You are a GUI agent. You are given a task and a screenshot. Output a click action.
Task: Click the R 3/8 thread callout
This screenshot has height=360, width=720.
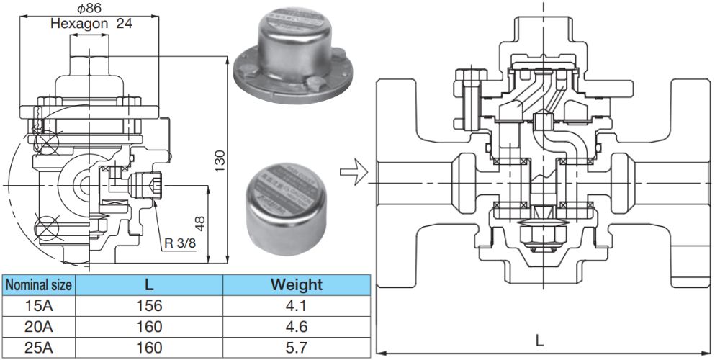click(x=180, y=243)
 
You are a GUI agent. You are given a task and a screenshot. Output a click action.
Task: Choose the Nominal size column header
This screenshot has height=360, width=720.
click(x=39, y=284)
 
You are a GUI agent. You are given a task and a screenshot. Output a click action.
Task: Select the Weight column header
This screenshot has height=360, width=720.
click(x=296, y=284)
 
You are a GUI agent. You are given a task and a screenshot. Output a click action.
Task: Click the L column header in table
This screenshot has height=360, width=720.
click(x=149, y=284)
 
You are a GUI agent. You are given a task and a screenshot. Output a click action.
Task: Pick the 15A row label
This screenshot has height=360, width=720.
click(x=39, y=305)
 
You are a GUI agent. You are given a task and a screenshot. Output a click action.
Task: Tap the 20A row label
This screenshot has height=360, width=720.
click(x=39, y=326)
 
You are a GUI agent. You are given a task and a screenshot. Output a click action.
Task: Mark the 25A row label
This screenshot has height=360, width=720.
click(x=39, y=348)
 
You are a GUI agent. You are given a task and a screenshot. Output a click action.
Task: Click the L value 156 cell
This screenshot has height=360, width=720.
click(x=149, y=305)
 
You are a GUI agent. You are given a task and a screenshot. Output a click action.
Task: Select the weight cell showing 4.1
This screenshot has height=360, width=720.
click(x=296, y=305)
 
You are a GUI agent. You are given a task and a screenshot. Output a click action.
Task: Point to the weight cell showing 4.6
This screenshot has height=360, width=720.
click(x=296, y=326)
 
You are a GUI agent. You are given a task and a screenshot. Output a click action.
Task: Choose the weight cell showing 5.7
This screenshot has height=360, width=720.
click(x=296, y=348)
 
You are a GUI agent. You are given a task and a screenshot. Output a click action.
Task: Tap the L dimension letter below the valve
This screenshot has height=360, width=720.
click(x=539, y=339)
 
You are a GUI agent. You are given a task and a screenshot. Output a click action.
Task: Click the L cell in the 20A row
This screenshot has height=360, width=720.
click(x=149, y=326)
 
